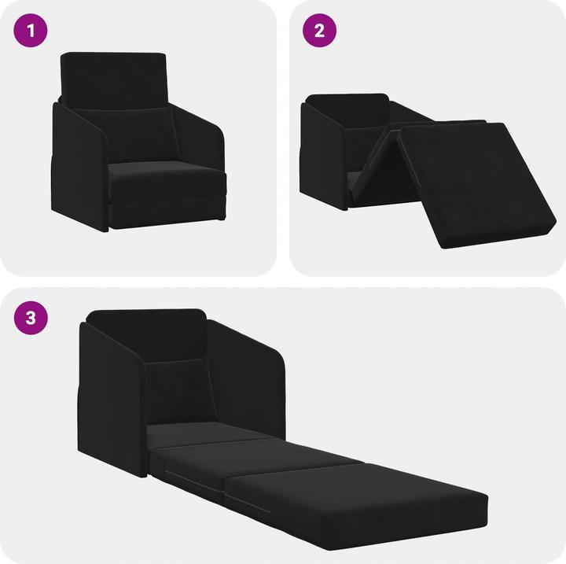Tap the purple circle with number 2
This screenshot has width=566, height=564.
(319, 31)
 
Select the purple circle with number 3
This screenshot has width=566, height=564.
(31, 319)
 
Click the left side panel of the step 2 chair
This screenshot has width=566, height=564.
(323, 157)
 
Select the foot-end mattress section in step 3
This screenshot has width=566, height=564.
(354, 496)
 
